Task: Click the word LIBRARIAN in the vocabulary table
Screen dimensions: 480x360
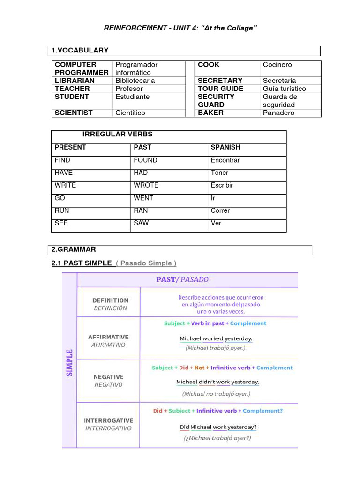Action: (75, 81)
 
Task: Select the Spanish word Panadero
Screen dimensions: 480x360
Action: (279, 113)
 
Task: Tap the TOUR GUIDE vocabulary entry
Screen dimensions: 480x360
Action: (220, 89)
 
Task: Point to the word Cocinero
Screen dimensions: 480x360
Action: (277, 65)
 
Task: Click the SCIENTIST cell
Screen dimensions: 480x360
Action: (74, 113)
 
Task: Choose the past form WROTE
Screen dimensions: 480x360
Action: (146, 185)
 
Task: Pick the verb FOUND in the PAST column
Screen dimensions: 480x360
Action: (145, 160)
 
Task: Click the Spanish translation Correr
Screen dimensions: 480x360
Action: (220, 210)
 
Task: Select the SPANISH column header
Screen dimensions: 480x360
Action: (225, 147)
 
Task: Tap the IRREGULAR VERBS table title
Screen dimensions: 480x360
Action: (117, 135)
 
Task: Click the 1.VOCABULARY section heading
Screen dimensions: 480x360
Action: (80, 50)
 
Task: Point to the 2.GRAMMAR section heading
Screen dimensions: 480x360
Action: (74, 249)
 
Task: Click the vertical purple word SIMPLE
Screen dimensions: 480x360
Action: (69, 362)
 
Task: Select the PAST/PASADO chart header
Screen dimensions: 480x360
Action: (182, 280)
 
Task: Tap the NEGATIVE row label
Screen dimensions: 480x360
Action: (108, 381)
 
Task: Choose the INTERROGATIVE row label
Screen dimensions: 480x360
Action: (108, 424)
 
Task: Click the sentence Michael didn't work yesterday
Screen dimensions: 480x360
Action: (217, 382)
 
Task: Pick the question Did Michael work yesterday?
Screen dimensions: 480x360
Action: (218, 427)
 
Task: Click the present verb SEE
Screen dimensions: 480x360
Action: (61, 223)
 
